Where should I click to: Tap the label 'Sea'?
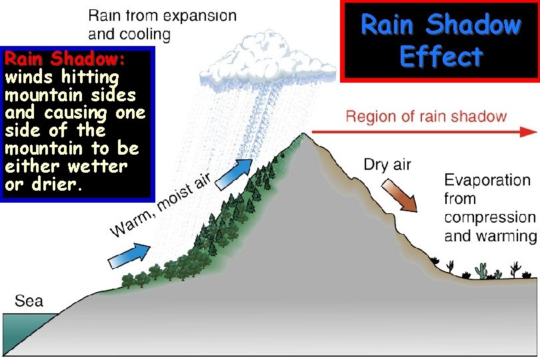[29, 301]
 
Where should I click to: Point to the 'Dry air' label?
[387, 165]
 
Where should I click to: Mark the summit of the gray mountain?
[303, 135]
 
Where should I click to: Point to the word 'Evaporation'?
[487, 181]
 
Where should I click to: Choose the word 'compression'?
[489, 217]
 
